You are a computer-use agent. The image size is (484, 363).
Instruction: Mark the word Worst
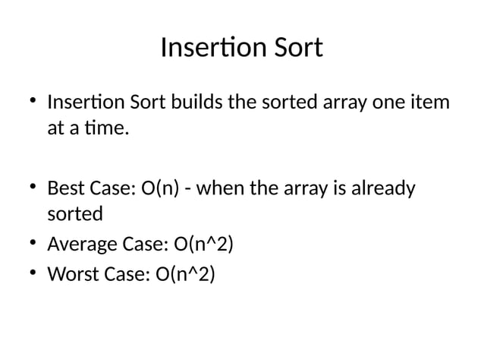coord(69,273)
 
